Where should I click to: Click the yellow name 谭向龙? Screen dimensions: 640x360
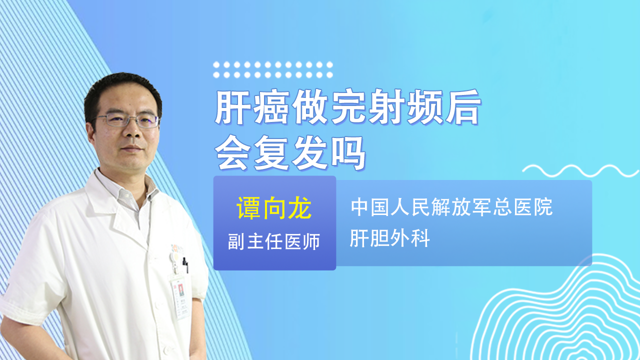(x=274, y=208)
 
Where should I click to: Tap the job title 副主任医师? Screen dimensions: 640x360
(x=273, y=241)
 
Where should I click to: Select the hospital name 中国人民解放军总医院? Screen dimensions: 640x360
(x=451, y=207)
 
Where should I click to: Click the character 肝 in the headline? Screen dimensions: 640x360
(x=232, y=106)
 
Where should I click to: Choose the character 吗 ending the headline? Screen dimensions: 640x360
(x=348, y=153)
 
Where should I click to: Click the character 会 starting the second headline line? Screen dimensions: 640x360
(x=232, y=153)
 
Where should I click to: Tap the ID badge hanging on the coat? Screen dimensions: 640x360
(x=180, y=297)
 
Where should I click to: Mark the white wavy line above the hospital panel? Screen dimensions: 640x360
(x=580, y=170)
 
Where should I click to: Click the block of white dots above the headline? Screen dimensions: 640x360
(x=273, y=69)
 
